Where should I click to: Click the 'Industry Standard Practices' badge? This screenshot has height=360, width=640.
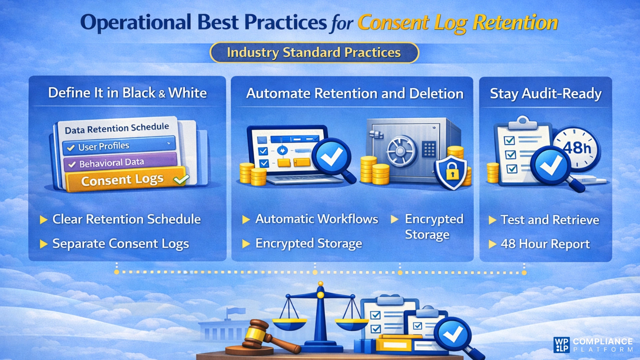[314, 53]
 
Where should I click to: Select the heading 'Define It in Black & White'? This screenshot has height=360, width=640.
[127, 93]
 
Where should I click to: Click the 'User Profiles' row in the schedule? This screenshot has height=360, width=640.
[119, 146]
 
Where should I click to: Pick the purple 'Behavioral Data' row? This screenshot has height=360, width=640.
[120, 163]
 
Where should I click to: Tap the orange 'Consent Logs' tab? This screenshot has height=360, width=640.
[125, 180]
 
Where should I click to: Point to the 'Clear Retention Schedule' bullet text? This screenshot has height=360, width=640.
[127, 219]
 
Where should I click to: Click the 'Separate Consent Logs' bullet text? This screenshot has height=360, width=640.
[121, 244]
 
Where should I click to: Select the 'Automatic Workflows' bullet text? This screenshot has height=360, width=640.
[317, 219]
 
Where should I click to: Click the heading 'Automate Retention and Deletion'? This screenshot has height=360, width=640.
[355, 94]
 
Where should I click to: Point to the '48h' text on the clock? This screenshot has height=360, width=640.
[577, 148]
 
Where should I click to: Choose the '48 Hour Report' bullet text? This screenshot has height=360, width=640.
[545, 244]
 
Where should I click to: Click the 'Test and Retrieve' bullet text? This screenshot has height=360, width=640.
[550, 220]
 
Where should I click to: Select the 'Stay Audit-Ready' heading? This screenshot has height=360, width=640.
[546, 94]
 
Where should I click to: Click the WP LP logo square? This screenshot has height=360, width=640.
[562, 345]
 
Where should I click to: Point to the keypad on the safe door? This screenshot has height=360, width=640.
[429, 149]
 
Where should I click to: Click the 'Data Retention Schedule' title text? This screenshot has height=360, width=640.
[117, 128]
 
